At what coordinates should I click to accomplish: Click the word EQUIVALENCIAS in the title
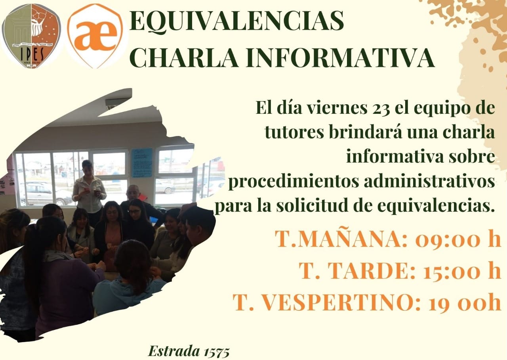click(x=236, y=21)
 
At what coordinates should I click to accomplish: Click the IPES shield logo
click(x=31, y=36)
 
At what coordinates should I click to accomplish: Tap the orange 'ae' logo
click(x=95, y=36)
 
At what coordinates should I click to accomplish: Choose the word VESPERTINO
click(x=337, y=303)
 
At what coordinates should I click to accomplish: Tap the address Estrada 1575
click(x=189, y=351)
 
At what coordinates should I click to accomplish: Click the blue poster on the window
click(x=142, y=163)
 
